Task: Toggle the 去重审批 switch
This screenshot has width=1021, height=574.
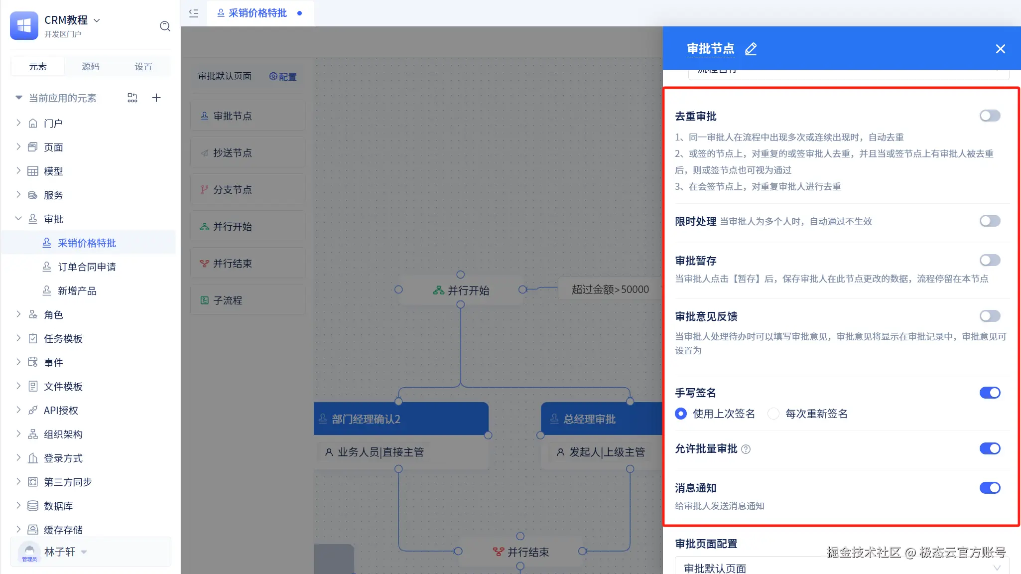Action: (x=990, y=116)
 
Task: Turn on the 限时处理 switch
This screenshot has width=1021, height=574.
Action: (x=990, y=221)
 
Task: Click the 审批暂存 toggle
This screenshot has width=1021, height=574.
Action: (x=990, y=260)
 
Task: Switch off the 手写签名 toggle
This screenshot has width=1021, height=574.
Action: (x=990, y=393)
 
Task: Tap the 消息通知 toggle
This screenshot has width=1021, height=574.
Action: (x=990, y=488)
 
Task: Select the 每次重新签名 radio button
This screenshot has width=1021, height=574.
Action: (x=773, y=414)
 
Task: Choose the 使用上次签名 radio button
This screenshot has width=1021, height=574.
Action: (x=681, y=414)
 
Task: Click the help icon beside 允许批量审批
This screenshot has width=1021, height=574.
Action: (x=746, y=449)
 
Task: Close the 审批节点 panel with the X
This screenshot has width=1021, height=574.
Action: (x=1000, y=49)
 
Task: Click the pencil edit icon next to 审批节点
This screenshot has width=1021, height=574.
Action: (x=751, y=49)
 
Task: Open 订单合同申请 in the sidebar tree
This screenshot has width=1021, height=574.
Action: (x=87, y=267)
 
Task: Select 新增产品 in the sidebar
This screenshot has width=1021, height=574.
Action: (x=77, y=291)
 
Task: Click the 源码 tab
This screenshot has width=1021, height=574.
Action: (x=90, y=67)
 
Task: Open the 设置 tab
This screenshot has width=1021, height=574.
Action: (x=143, y=67)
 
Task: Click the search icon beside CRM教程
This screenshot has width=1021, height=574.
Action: (x=165, y=26)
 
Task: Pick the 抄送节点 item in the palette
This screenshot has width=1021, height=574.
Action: (x=248, y=153)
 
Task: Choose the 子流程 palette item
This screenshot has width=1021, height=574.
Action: (x=248, y=300)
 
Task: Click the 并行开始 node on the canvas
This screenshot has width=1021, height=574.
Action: (x=461, y=290)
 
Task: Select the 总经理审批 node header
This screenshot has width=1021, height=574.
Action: (x=601, y=419)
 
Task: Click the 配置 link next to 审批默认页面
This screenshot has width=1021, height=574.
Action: (x=283, y=77)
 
